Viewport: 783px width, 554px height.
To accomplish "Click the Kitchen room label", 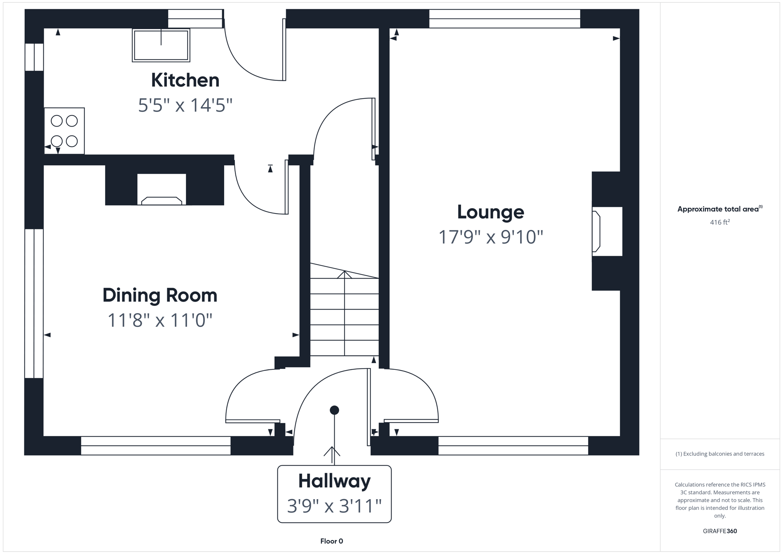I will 185,80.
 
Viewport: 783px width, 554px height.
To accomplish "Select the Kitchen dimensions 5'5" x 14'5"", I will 185,105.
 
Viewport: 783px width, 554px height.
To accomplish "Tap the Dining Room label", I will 160,295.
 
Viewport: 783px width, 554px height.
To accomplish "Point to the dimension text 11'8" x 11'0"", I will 160,320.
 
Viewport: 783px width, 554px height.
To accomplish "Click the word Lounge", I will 490,212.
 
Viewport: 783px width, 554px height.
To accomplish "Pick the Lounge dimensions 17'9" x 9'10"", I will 490,237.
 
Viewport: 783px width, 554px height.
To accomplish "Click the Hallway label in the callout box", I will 334,481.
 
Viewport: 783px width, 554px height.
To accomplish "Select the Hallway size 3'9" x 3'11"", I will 334,506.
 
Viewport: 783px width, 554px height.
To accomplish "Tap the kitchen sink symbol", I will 161,45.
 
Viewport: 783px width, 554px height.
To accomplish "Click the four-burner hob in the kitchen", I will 64,131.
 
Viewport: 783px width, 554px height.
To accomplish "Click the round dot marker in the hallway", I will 334,410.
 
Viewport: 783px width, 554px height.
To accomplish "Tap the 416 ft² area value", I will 720,222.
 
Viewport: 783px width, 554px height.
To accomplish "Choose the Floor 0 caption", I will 331,541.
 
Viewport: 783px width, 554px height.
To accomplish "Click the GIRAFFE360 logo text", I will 720,531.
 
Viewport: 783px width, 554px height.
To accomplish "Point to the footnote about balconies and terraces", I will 720,454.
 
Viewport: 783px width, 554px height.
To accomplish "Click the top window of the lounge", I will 504,19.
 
